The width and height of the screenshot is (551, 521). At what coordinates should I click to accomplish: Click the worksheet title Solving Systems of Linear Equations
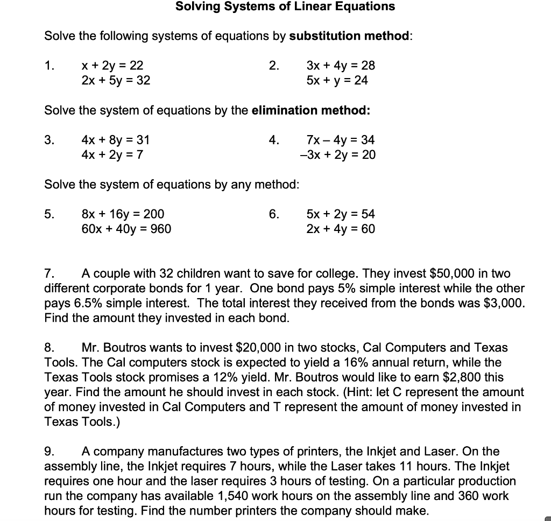coord(285,7)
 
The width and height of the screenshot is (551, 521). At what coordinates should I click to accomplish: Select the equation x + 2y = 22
coord(112,66)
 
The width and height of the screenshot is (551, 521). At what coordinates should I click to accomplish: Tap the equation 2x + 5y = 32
coord(116,81)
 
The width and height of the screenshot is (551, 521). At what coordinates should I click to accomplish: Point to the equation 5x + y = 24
coord(337,81)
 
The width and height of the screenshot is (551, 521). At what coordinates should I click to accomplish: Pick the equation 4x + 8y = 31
coord(116,140)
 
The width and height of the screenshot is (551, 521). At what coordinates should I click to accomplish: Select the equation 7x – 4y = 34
coord(340,140)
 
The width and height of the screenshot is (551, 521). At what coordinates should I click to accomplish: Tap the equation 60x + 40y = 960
coord(126,229)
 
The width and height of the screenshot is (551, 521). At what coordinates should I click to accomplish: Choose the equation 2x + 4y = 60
coord(341,229)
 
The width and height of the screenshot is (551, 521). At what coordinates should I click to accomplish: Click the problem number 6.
coord(274,214)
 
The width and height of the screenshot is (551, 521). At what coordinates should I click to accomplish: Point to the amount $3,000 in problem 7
coord(503,303)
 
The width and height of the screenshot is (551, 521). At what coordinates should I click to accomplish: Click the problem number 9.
coord(49,452)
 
